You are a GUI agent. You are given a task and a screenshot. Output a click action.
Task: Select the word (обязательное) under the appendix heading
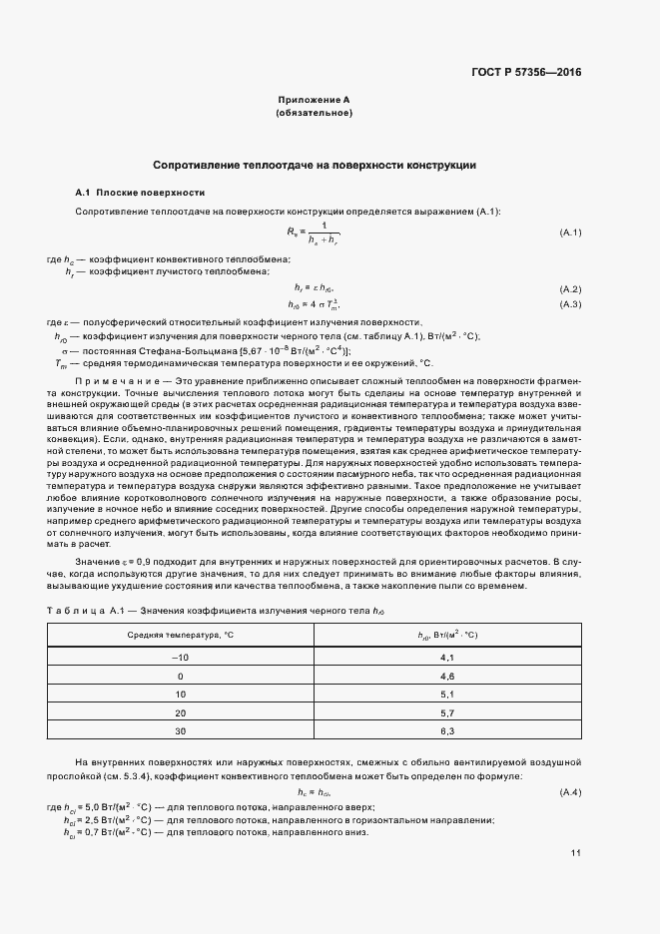(314, 114)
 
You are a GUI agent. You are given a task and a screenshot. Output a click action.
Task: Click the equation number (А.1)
(570, 233)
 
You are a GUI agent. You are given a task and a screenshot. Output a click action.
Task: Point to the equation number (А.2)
(570, 289)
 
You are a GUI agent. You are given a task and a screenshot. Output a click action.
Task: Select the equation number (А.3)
(570, 303)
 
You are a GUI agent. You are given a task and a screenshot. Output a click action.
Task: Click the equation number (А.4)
(570, 792)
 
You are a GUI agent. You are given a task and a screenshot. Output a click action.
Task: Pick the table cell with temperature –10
(181, 658)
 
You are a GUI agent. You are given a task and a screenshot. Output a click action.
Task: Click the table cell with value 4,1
(447, 658)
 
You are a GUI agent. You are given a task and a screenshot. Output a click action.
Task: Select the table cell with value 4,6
(447, 676)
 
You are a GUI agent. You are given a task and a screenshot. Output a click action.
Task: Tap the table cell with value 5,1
(447, 694)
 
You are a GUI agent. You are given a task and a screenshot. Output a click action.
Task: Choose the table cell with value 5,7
(447, 712)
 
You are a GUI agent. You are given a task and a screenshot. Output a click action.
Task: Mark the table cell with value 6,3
(447, 731)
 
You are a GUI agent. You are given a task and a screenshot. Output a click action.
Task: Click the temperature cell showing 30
(181, 731)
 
